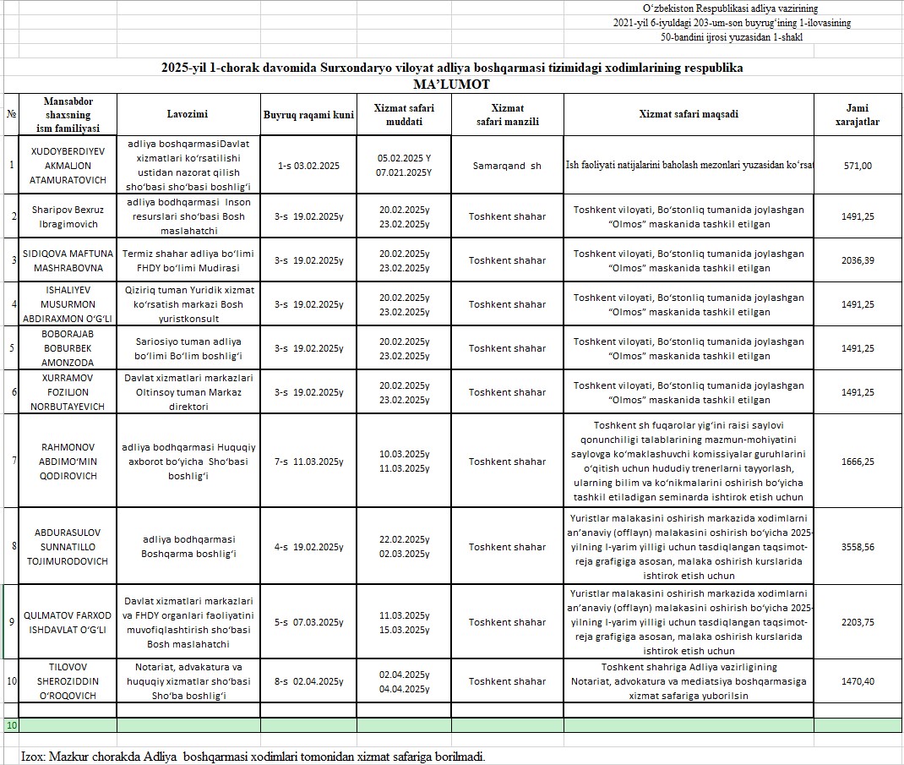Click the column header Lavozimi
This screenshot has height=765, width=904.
point(188,114)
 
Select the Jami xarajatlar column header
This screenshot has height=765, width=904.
point(857,114)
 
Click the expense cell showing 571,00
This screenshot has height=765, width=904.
point(858,166)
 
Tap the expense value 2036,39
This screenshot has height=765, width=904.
point(858,260)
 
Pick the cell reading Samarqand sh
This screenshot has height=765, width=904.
point(507,166)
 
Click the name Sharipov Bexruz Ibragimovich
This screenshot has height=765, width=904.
point(61,216)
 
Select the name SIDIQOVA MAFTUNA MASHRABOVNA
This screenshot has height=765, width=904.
point(61,260)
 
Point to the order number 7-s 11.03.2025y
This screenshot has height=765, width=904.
point(308,462)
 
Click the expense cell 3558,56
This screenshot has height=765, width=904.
point(858,547)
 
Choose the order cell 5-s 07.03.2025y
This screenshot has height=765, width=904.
point(308,622)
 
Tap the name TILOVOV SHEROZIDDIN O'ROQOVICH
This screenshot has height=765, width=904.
point(61,681)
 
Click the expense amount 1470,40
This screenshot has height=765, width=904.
point(858,681)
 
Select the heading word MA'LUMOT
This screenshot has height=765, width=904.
point(452,85)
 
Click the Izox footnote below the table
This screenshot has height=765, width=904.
point(253,756)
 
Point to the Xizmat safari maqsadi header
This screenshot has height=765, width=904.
point(688,114)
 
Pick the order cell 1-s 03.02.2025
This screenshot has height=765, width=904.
point(308,166)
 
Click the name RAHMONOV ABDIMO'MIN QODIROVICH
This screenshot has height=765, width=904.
point(61,462)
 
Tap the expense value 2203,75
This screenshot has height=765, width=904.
point(858,622)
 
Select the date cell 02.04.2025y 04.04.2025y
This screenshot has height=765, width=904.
point(404,681)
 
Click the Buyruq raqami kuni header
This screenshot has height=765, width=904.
point(308,114)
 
